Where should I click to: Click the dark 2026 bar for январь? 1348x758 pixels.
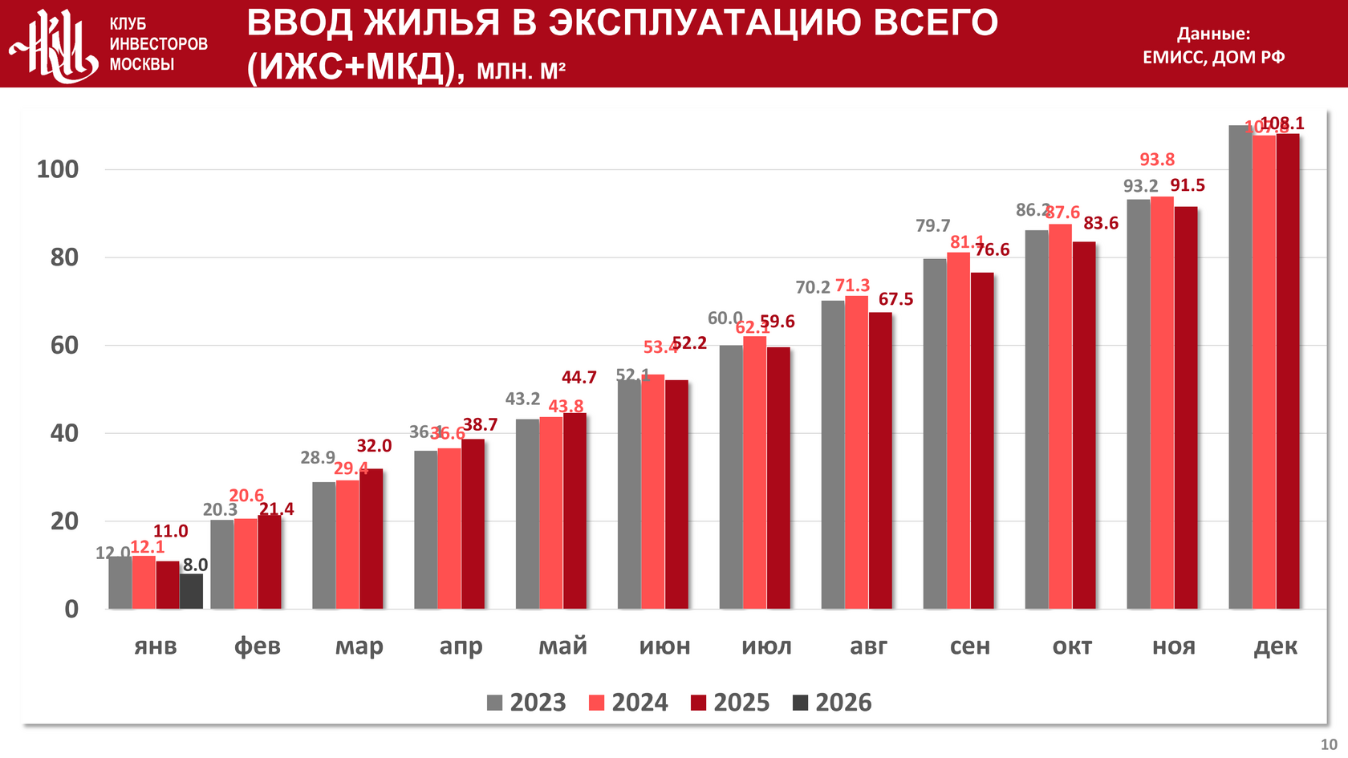click(191, 591)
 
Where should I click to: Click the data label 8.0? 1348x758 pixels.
click(195, 565)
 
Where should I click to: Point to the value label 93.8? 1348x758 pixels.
click(1157, 160)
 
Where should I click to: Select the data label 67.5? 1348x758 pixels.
click(895, 299)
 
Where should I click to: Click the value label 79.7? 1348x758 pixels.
click(932, 226)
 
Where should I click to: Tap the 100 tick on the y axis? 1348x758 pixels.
click(58, 169)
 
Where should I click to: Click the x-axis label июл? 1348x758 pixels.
click(766, 647)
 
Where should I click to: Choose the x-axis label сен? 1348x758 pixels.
click(970, 647)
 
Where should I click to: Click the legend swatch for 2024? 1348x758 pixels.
click(596, 703)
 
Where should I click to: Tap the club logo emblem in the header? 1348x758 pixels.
click(54, 46)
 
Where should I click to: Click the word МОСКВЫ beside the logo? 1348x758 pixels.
click(142, 64)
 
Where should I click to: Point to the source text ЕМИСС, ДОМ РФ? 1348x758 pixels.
click(1213, 57)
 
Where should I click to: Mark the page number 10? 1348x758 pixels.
click(1329, 744)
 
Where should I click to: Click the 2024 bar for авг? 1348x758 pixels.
click(856, 452)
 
